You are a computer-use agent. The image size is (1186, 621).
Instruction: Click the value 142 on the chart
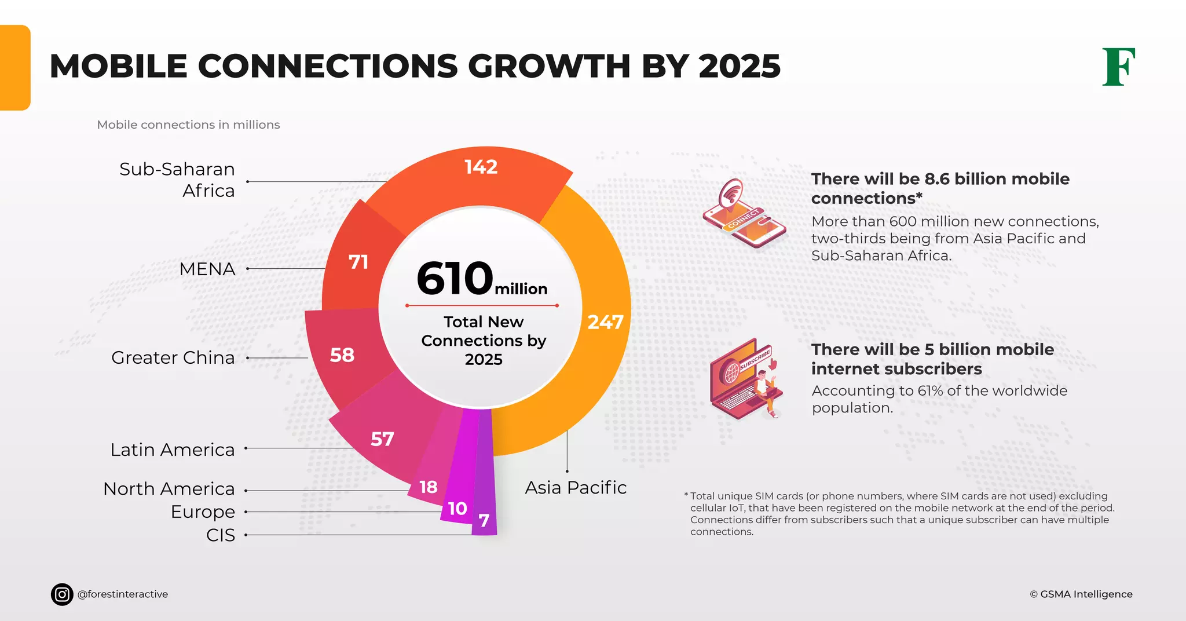pyautogui.click(x=481, y=167)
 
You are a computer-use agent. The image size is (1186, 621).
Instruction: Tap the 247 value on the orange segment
pyautogui.click(x=605, y=322)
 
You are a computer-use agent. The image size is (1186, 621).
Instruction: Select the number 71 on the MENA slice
pyautogui.click(x=358, y=262)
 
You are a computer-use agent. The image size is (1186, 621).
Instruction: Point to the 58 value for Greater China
pyautogui.click(x=342, y=355)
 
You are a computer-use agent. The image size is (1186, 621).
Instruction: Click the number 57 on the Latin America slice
pyautogui.click(x=382, y=439)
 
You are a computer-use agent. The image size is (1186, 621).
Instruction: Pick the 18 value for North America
pyautogui.click(x=428, y=487)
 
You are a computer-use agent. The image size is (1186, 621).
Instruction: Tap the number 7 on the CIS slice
pyautogui.click(x=484, y=521)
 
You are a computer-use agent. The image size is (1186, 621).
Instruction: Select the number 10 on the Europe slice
pyautogui.click(x=457, y=509)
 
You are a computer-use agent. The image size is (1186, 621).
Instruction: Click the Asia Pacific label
pyautogui.click(x=576, y=488)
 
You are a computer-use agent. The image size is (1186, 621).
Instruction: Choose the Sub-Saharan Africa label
pyautogui.click(x=177, y=180)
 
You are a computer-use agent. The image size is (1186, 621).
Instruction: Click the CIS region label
pyautogui.click(x=221, y=535)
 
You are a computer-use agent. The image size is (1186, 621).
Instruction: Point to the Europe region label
pyautogui.click(x=203, y=512)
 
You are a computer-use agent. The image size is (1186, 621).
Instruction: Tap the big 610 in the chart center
pyautogui.click(x=455, y=279)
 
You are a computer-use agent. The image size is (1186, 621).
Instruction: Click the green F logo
pyautogui.click(x=1118, y=67)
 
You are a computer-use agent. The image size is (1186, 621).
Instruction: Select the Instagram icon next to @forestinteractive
pyautogui.click(x=62, y=594)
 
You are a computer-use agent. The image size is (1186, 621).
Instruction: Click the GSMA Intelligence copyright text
pyautogui.click(x=1081, y=594)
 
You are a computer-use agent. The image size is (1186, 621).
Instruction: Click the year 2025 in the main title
pyautogui.click(x=739, y=66)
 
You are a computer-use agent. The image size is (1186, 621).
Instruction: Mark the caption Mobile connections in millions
pyautogui.click(x=188, y=125)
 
